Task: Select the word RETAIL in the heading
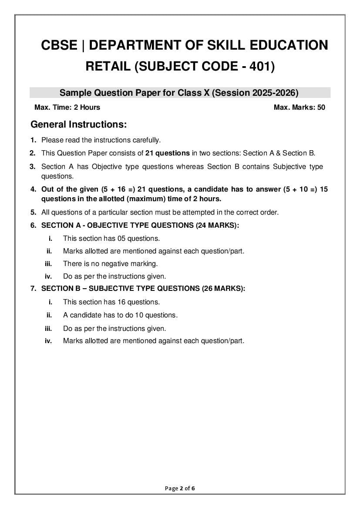click(107, 66)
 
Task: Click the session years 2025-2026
click(269, 92)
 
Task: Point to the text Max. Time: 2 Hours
click(67, 107)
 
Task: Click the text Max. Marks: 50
click(299, 107)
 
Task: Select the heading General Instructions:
click(78, 125)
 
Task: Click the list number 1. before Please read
click(33, 140)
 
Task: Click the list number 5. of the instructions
click(33, 212)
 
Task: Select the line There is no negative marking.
click(110, 263)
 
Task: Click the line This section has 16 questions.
click(111, 302)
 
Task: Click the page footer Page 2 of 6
click(180, 488)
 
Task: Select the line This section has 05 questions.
click(111, 238)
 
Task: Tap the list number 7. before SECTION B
click(33, 288)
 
